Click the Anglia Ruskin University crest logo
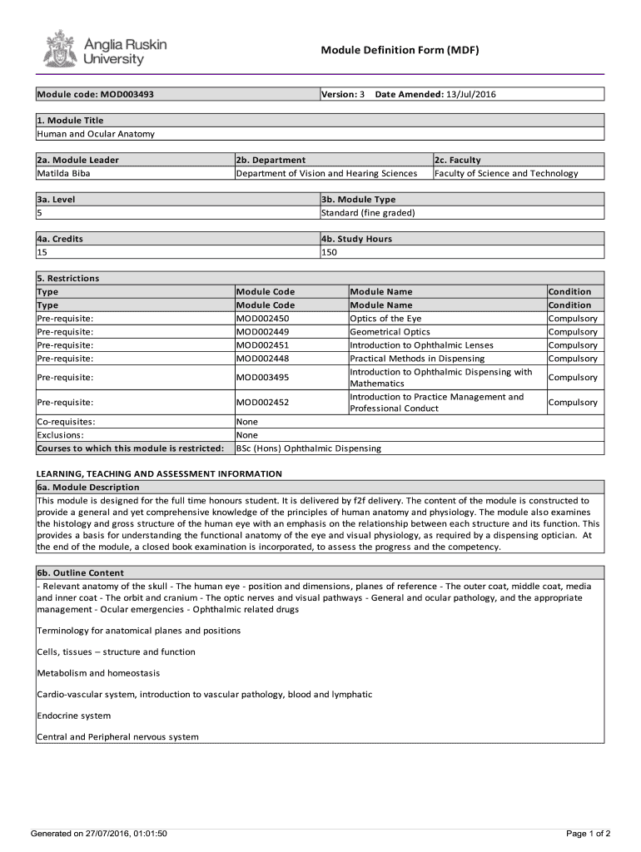pos(59,50)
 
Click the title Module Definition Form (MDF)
pos(400,51)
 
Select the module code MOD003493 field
pos(95,94)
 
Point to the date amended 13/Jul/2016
pos(470,94)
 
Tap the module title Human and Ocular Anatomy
pos(96,134)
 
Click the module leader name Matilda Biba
pos(63,173)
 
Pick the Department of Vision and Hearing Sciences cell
pos(326,173)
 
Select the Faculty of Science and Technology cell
pos(505,173)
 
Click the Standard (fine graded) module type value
pos(368,213)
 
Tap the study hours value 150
pos(329,252)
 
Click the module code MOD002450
pos(262,319)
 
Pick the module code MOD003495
pos(262,378)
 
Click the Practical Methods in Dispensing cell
pos(417,359)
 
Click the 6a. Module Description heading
pos(87,488)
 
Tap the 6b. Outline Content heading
pos(81,573)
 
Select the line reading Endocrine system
pos(74,716)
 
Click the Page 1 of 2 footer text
pos(588,834)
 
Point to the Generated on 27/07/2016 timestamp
pos(99,834)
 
